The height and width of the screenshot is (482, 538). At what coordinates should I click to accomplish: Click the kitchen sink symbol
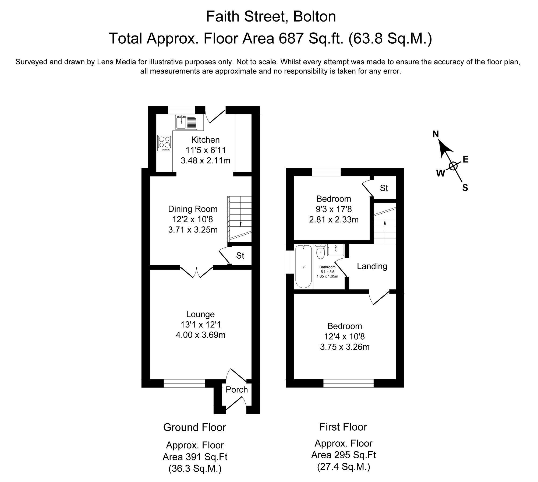coord(186,122)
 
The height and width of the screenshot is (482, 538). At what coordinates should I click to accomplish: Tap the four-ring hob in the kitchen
coord(164,143)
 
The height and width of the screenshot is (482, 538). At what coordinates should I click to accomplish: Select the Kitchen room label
coord(205,140)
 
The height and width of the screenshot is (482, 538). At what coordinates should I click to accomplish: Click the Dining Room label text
coord(193,209)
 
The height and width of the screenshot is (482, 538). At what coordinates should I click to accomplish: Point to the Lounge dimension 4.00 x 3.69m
coord(200,335)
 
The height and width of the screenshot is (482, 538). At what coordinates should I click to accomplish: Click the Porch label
coord(236,389)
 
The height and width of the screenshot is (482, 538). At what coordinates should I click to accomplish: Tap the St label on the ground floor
coord(240,255)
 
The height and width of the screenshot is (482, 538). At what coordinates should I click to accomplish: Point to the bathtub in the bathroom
coord(303,266)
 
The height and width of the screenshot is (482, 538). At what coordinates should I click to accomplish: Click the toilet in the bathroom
coord(320,252)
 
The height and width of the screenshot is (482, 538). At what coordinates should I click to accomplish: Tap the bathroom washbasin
coord(335,250)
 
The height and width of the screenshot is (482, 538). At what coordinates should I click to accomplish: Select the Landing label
coord(372,266)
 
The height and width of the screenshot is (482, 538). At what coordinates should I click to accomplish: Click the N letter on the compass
coord(436,134)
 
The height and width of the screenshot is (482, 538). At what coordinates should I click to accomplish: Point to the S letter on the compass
coord(465,188)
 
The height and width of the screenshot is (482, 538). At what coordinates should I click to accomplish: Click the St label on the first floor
coord(384,188)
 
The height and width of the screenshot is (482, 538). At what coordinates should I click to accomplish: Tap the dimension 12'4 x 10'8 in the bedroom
coord(345,336)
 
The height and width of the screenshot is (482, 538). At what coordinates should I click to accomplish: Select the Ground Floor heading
coord(194,427)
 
